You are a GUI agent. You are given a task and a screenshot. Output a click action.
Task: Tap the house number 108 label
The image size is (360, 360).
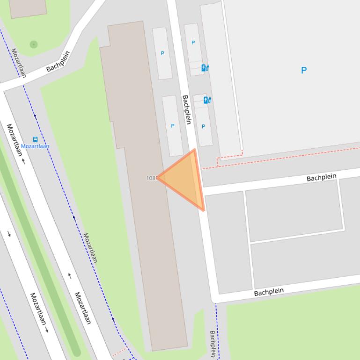(x=151, y=178)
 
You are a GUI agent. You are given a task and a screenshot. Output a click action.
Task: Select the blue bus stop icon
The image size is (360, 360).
(x=35, y=139)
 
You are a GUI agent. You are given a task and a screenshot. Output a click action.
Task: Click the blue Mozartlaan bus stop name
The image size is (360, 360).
(x=35, y=146)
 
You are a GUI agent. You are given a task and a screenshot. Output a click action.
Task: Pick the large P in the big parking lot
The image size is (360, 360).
(x=304, y=71)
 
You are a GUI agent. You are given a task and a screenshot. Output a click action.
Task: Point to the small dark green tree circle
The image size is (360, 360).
(x=33, y=44)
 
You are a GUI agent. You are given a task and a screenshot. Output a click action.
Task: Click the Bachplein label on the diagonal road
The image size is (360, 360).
(x=58, y=61)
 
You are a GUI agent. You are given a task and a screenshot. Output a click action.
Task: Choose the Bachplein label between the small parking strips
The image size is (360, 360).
(x=187, y=109)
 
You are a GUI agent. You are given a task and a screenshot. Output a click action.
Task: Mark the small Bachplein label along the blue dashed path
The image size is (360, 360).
(x=213, y=344)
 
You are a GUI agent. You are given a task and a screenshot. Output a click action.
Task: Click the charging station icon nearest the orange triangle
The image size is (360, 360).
(x=207, y=100)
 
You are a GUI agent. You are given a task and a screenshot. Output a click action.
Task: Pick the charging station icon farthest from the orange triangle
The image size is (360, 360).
(x=205, y=68)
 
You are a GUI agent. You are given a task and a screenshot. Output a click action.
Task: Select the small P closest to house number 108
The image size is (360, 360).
(x=172, y=126)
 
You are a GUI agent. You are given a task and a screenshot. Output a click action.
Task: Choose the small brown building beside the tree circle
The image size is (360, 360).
(x=28, y=8)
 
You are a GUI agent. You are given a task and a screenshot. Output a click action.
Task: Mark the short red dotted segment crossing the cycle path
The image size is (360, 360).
(x=120, y=351)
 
